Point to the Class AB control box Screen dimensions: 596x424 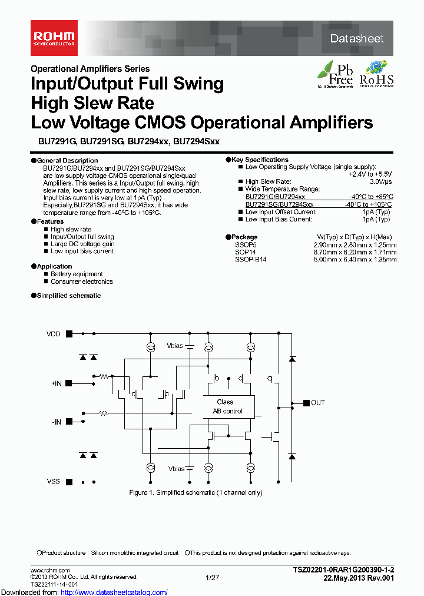click(224, 406)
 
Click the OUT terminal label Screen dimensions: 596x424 click(317, 403)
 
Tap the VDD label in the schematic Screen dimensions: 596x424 click(54, 334)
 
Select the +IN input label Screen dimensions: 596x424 click(56, 383)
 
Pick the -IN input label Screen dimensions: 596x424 click(57, 422)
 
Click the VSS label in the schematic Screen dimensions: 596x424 click(54, 481)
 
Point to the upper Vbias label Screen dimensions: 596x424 click(175, 346)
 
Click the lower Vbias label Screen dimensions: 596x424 click(176, 469)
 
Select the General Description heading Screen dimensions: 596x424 click(67, 161)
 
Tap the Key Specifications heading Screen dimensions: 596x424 click(260, 160)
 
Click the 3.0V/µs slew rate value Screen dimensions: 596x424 click(379, 182)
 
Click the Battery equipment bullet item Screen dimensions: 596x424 click(77, 274)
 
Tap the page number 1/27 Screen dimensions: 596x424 click(212, 578)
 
